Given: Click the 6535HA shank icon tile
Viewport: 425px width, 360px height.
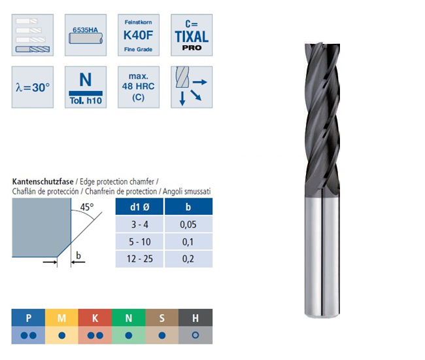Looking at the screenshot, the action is tap(86, 35).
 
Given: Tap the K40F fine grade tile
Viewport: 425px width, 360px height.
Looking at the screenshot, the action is tap(139, 35).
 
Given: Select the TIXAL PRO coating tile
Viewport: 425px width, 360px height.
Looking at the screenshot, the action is tap(192, 35).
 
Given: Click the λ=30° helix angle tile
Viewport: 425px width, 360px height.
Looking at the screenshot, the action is tap(33, 87).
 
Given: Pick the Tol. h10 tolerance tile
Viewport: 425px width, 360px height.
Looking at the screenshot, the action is tap(86, 87).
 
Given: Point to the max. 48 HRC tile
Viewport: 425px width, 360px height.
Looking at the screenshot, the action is tap(139, 87).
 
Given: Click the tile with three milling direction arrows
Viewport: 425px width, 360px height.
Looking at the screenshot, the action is tap(192, 87).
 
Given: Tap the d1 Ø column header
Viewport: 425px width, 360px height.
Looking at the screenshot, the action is tap(139, 207).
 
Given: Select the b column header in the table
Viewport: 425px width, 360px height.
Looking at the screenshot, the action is tap(189, 207).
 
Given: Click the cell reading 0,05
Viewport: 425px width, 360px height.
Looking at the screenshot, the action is tap(189, 225).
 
